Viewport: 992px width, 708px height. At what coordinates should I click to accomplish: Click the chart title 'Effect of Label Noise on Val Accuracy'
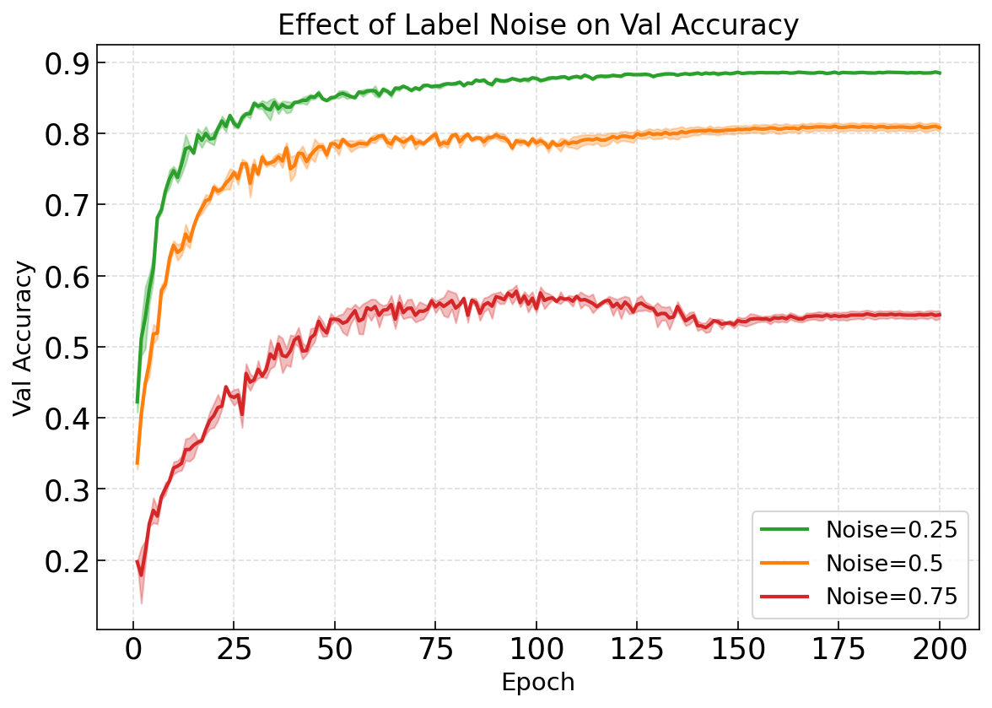[x=537, y=26]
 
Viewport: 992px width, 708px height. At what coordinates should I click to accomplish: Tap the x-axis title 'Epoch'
[x=537, y=682]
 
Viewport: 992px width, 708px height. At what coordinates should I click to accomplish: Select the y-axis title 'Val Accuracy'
[x=24, y=338]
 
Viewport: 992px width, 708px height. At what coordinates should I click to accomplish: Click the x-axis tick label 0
[x=132, y=650]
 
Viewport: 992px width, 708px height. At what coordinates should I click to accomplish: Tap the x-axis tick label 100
[x=536, y=650]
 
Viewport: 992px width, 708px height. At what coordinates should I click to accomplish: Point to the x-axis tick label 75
[x=435, y=650]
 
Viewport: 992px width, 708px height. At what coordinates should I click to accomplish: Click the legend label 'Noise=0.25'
[x=892, y=530]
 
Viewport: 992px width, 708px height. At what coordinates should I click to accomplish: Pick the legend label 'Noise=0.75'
[x=892, y=597]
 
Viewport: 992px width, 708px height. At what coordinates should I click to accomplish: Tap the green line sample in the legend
[x=784, y=530]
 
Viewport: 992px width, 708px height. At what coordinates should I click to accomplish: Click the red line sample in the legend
[x=784, y=597]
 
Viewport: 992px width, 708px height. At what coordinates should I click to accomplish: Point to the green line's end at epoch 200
[x=940, y=73]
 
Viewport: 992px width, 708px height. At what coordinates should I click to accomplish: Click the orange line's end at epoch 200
[x=940, y=128]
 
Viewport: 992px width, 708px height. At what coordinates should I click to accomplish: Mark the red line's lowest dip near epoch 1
[x=141, y=576]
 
